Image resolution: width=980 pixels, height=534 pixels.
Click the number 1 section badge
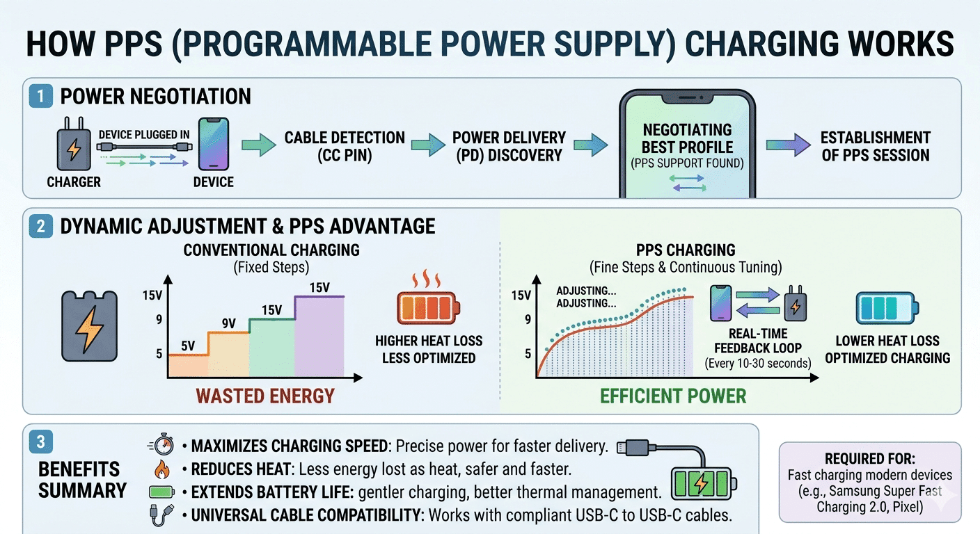coord(41,96)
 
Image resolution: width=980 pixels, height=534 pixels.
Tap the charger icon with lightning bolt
coord(72,149)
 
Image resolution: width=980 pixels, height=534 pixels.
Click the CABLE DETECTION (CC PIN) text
coord(345,146)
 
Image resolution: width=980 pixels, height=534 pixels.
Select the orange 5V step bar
coord(184,364)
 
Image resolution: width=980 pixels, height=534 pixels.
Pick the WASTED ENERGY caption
coord(265,396)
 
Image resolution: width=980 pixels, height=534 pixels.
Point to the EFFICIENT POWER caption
coord(673,396)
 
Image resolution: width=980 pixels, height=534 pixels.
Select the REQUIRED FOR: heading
coord(870,459)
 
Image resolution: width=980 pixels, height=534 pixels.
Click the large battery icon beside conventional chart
coord(90,325)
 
